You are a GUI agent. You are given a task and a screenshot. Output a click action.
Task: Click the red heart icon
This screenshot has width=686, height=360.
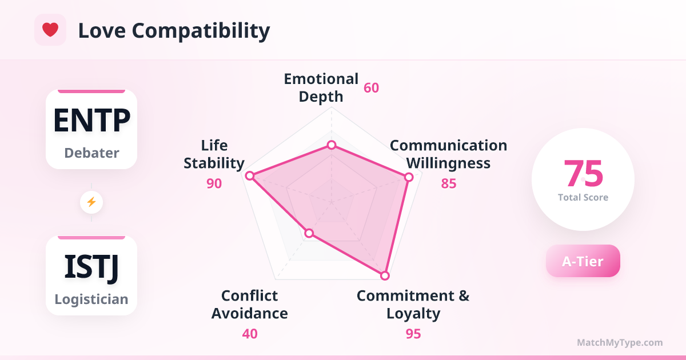50,30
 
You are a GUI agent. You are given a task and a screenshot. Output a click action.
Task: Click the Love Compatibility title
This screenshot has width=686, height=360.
174,31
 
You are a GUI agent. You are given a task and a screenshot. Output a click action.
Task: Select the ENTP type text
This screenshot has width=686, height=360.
91,121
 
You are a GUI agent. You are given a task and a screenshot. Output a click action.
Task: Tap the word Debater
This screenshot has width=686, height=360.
91,153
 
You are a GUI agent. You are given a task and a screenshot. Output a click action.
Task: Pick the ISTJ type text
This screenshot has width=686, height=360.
91,267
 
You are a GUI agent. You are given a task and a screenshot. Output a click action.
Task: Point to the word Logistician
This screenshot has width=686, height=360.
91,299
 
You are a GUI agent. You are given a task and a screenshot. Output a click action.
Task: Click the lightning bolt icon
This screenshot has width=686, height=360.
91,202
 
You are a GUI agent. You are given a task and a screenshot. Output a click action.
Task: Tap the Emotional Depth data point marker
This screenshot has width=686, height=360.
332,145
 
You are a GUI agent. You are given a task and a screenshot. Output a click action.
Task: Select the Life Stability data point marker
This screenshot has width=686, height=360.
250,176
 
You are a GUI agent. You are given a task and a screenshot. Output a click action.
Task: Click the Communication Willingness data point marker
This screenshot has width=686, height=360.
409,177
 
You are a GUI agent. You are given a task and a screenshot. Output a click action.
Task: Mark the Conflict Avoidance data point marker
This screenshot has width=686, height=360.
309,233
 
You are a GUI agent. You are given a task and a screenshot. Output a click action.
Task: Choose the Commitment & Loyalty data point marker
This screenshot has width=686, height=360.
385,275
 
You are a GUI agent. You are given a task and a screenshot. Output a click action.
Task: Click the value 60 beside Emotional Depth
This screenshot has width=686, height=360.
371,88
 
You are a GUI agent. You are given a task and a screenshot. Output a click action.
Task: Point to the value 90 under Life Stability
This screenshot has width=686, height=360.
214,183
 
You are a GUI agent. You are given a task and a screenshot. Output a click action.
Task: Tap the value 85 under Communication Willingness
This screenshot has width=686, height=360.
449,183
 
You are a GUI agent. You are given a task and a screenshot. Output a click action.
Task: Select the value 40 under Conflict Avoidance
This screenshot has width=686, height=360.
250,334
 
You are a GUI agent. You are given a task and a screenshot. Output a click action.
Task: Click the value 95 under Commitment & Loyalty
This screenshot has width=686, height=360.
413,334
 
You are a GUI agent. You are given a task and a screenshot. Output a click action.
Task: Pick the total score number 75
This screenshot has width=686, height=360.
583,174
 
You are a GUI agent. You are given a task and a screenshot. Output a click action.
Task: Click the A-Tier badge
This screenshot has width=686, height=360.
583,261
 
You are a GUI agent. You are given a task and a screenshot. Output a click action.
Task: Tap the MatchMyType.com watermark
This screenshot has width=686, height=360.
620,342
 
